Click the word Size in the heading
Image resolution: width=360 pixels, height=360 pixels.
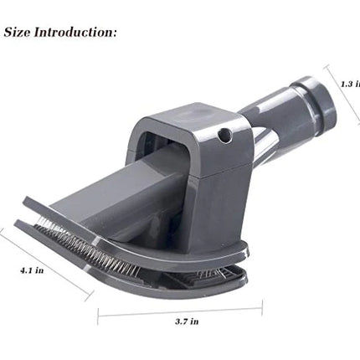(x=19, y=33)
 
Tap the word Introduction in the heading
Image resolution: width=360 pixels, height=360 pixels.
(x=75, y=33)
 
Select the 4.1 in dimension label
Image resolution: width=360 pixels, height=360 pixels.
(x=31, y=270)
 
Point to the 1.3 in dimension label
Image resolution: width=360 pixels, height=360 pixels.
(x=350, y=83)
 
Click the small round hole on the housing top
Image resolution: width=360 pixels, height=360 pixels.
(x=224, y=133)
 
